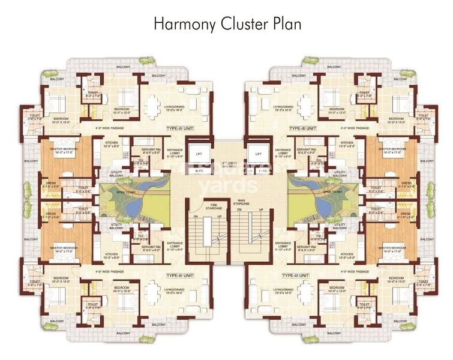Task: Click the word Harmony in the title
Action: point(185,24)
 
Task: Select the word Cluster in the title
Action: point(244,24)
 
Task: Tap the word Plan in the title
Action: point(285,24)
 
